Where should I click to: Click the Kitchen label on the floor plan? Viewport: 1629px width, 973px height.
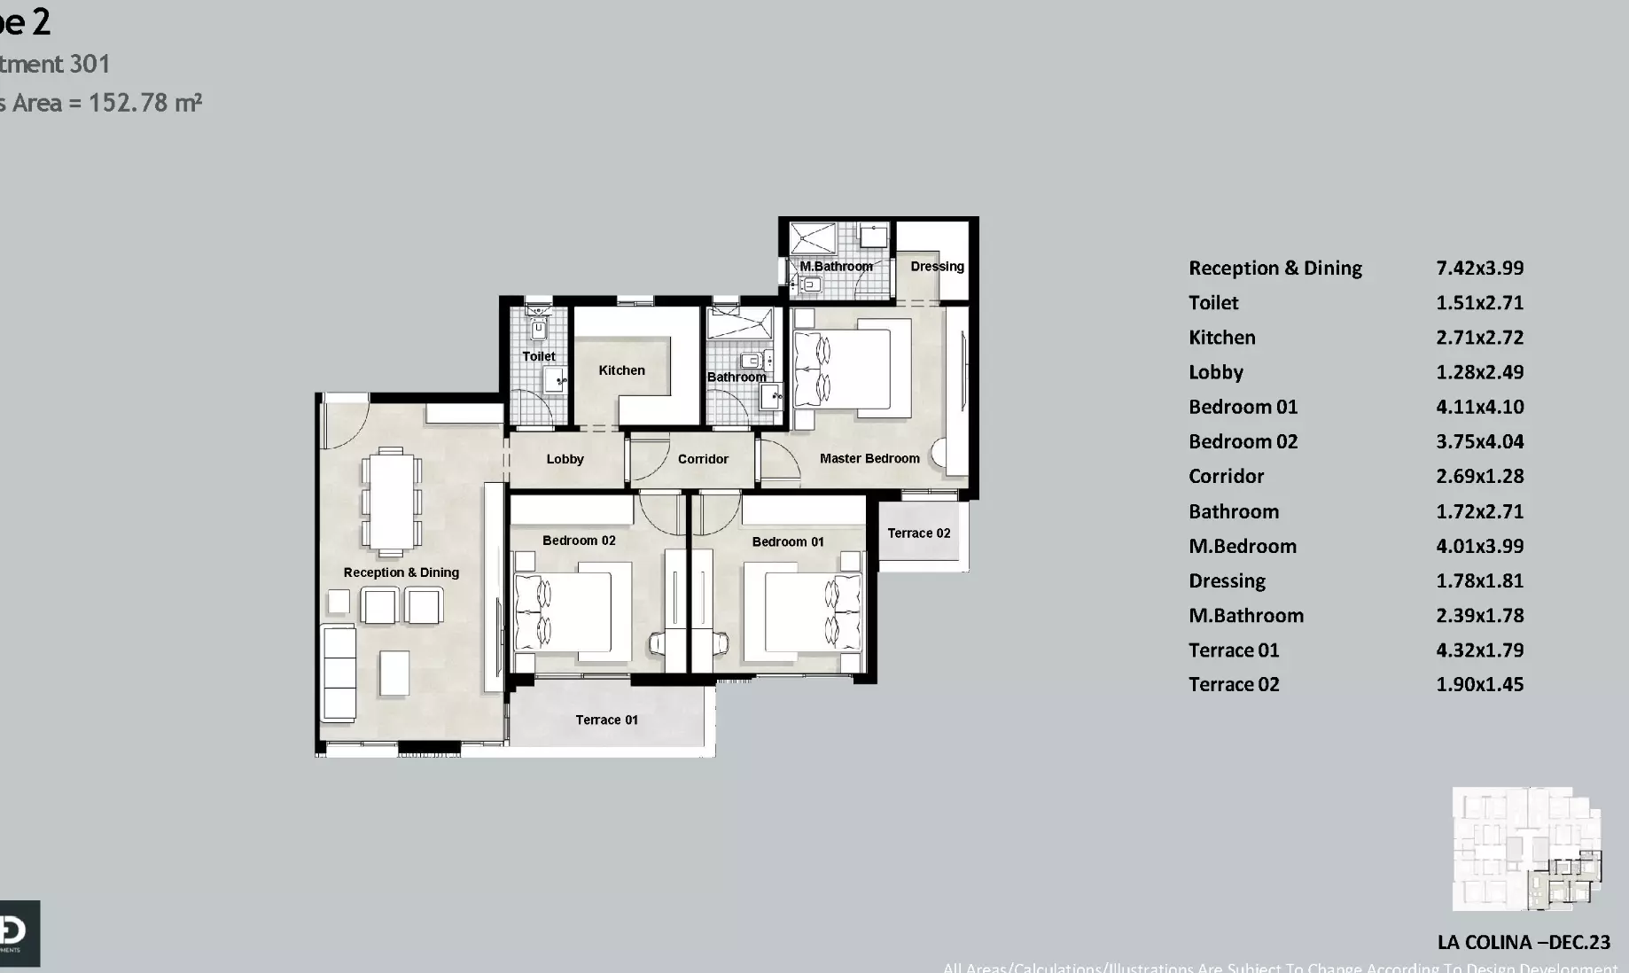pyautogui.click(x=621, y=370)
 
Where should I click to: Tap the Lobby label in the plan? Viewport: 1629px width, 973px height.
pyautogui.click(x=565, y=459)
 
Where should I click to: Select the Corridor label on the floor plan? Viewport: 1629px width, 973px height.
pyautogui.click(x=703, y=459)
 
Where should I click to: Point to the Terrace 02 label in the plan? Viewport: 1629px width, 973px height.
pyautogui.click(x=918, y=533)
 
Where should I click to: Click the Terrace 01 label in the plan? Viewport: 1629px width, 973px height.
pyautogui.click(x=606, y=720)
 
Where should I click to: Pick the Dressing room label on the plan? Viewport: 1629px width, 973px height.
pyautogui.click(x=937, y=266)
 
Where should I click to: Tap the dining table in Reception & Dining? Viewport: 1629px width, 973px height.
pyautogui.click(x=390, y=500)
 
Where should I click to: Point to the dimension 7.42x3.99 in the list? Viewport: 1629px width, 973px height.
pyautogui.click(x=1479, y=268)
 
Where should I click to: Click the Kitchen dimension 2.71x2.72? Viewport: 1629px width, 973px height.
pyautogui.click(x=1479, y=338)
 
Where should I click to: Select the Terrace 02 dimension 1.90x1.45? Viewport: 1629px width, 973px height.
pyautogui.click(x=1479, y=684)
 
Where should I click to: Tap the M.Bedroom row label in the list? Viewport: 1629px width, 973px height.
pyautogui.click(x=1242, y=546)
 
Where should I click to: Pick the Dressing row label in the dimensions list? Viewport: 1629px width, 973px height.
pyautogui.click(x=1227, y=580)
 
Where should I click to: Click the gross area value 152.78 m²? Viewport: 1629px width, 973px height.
pyautogui.click(x=145, y=103)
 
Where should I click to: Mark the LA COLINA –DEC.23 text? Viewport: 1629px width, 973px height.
pyautogui.click(x=1524, y=942)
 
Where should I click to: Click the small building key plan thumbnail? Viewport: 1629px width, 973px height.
pyautogui.click(x=1526, y=849)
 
